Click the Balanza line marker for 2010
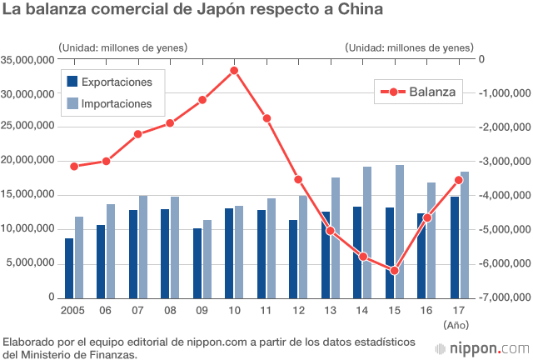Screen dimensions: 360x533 235,70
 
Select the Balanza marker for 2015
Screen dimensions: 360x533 394,271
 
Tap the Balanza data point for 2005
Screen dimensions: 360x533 74,166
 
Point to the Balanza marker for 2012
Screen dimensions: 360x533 298,179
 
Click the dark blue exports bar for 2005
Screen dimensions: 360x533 69,267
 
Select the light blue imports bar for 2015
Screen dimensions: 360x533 400,231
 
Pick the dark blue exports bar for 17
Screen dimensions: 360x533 455,247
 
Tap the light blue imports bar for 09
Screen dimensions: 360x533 208,258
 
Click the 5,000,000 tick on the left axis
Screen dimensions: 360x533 32,263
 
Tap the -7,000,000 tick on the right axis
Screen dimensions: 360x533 503,297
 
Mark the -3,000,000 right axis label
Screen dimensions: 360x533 503,162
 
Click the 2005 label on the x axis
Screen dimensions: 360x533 73,310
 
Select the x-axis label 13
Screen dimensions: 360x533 330,310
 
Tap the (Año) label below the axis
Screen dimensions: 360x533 457,324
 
